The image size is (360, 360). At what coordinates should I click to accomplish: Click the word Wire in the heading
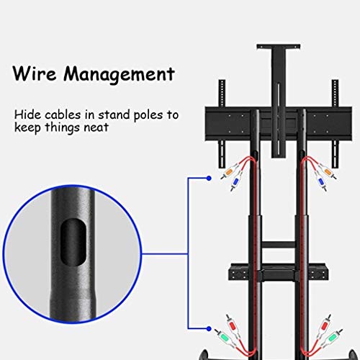[35, 73]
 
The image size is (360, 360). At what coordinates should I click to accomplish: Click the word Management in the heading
[119, 75]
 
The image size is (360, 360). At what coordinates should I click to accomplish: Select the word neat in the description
[96, 127]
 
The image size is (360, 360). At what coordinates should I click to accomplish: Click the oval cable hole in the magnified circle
[73, 242]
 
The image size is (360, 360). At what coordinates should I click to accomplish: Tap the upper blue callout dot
[209, 179]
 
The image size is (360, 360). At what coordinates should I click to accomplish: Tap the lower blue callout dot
[209, 328]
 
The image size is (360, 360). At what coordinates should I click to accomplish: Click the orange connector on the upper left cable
[230, 171]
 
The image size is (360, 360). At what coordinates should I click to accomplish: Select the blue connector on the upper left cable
[235, 182]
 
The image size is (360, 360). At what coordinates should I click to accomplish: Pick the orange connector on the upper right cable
[328, 171]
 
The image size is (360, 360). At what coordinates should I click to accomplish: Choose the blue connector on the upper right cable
[322, 182]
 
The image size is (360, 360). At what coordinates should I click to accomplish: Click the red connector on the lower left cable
[232, 326]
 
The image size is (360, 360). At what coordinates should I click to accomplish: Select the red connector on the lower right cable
[325, 326]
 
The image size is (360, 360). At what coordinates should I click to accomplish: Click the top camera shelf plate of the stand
[279, 47]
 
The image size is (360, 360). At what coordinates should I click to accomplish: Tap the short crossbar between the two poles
[279, 245]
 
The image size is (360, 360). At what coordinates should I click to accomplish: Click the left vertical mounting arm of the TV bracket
[222, 124]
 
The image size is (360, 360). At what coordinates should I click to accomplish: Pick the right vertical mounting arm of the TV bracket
[335, 124]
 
